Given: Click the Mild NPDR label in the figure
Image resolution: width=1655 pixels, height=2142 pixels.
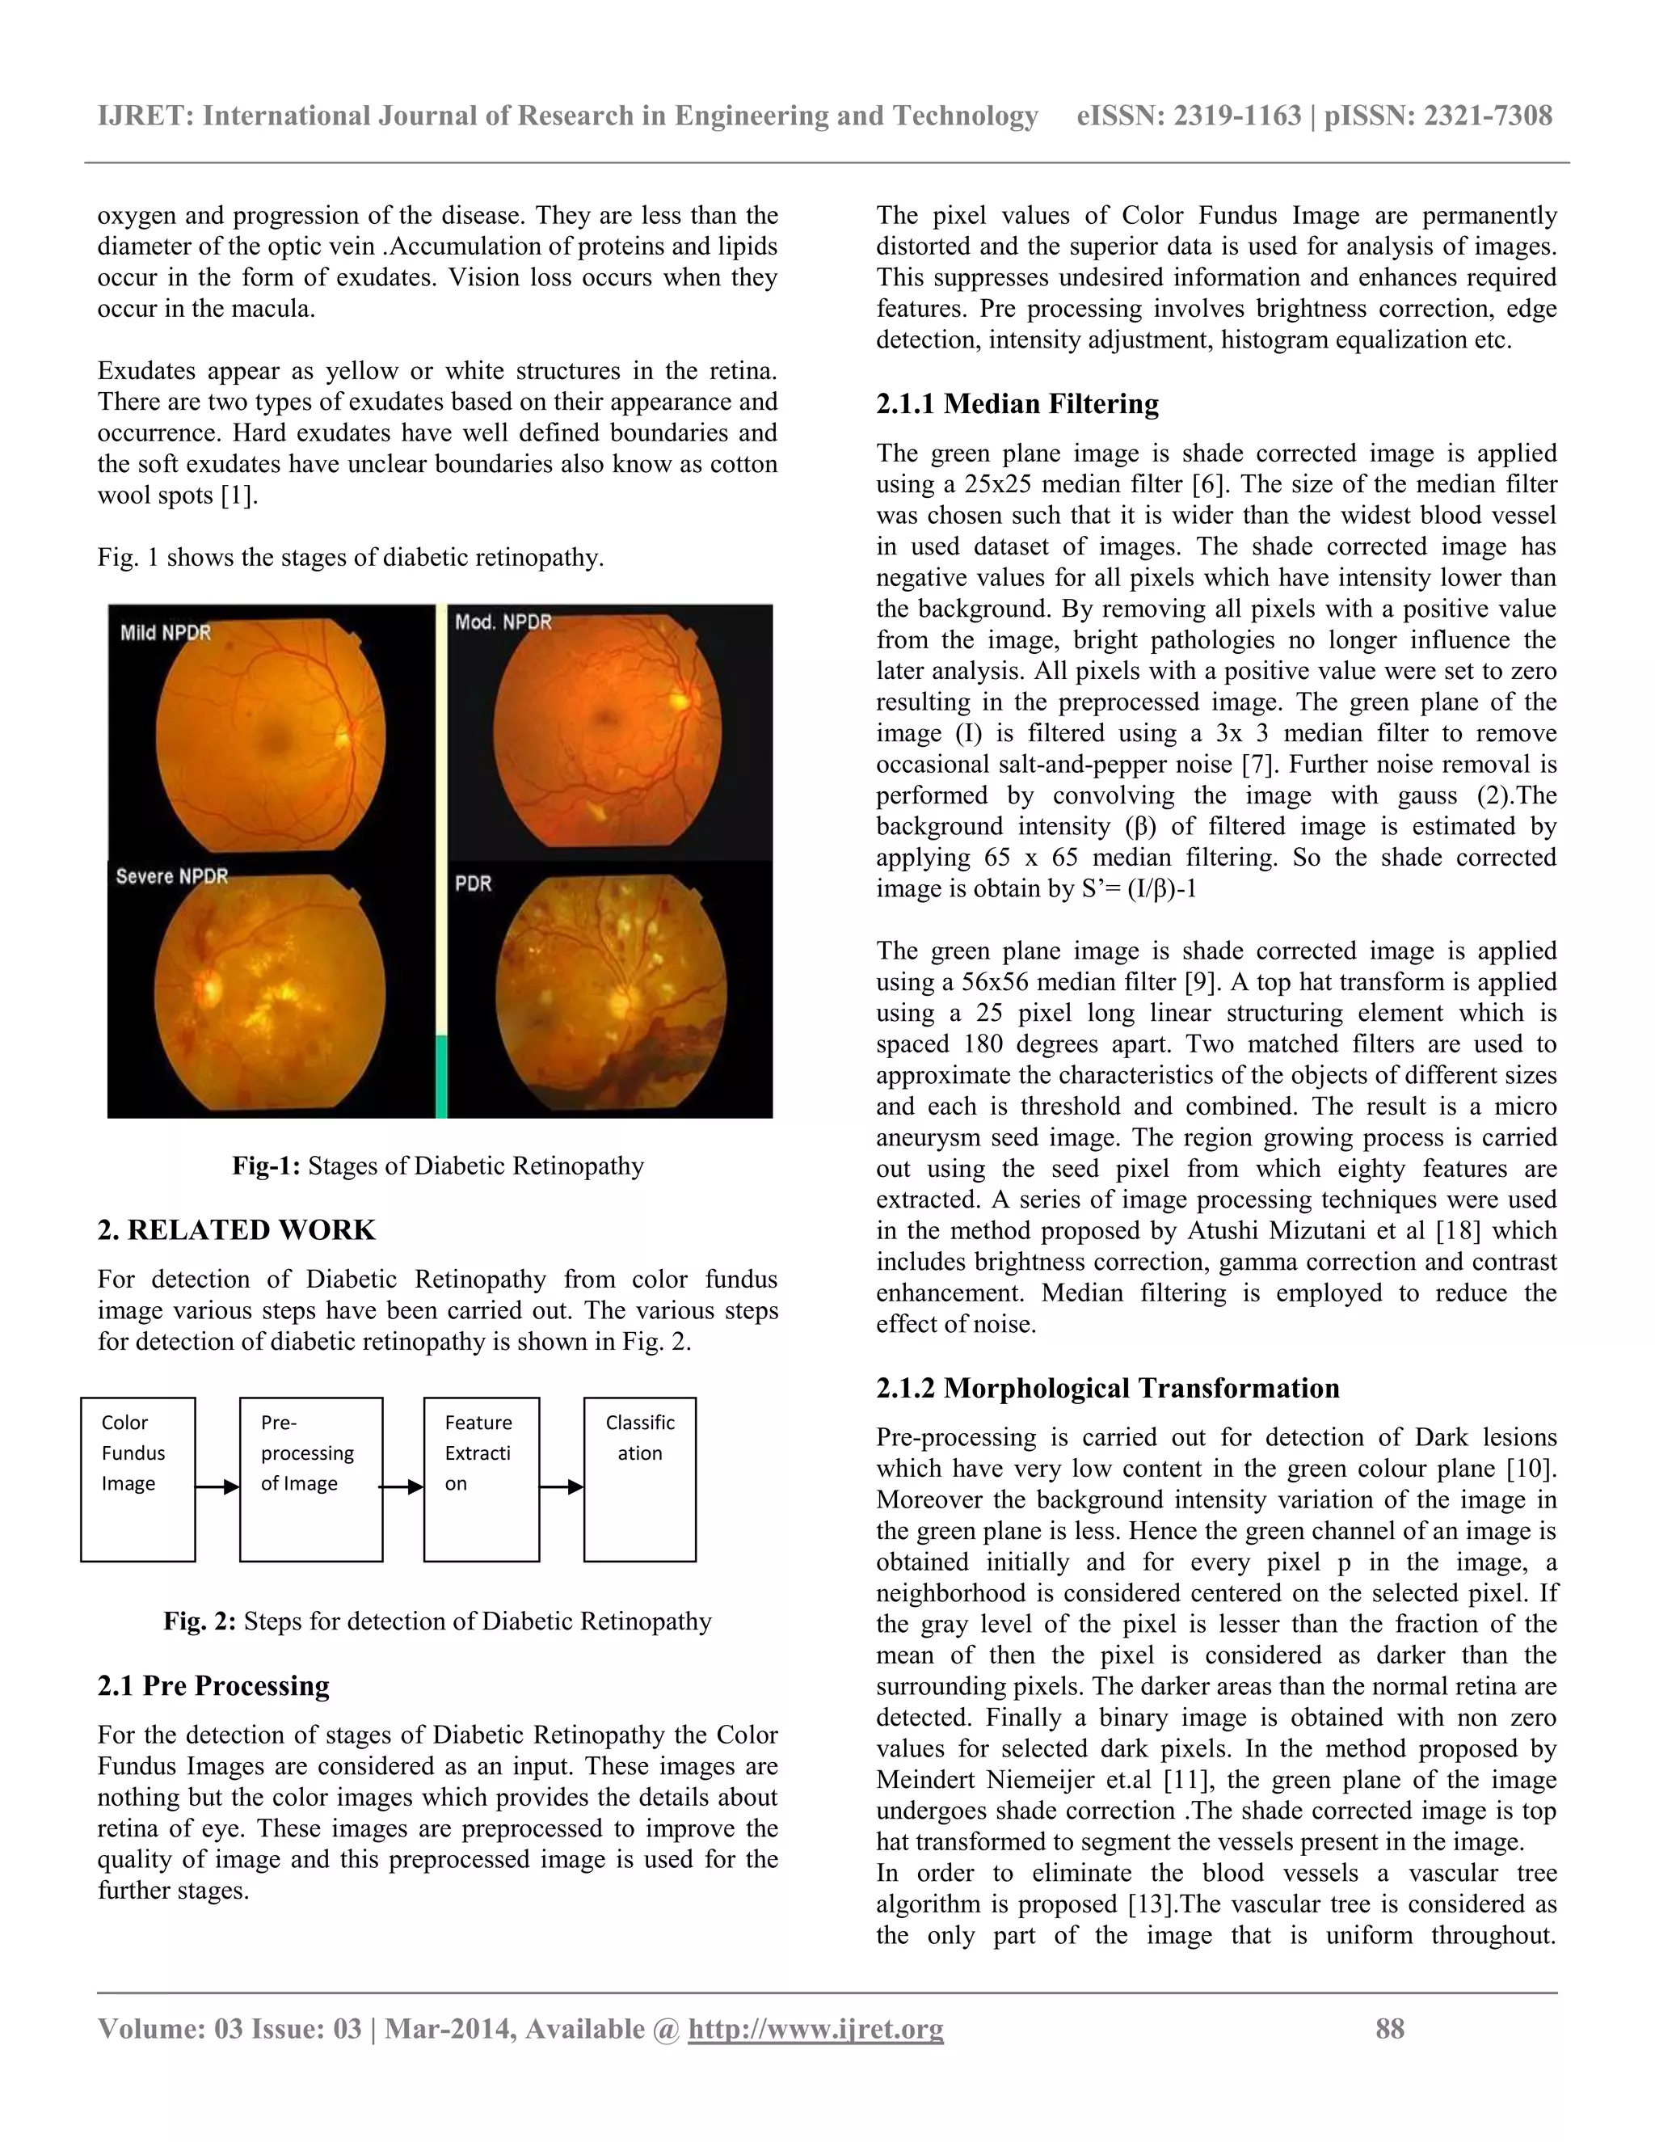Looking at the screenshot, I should pos(165,633).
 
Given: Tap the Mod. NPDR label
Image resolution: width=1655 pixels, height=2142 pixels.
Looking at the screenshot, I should pos(503,622).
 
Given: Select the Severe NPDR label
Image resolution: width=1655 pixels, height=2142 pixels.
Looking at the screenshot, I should pos(171,876).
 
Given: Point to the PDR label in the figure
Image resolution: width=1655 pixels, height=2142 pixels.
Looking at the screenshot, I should pos(473,883).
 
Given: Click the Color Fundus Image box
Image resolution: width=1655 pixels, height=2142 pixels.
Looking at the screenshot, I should pos(137,1479).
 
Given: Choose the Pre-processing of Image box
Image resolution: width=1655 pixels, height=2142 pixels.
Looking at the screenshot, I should pos(311,1479).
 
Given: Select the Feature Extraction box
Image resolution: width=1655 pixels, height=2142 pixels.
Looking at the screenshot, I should pos(482,1479).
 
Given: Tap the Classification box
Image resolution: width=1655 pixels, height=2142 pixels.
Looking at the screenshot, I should pos(640,1479).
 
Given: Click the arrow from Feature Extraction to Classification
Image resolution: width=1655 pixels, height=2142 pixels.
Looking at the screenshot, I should pos(562,1486).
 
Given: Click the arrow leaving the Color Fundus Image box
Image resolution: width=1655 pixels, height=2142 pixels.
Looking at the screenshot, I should pos(217,1486).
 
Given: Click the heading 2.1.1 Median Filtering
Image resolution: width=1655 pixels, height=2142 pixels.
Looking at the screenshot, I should pos(1017,404).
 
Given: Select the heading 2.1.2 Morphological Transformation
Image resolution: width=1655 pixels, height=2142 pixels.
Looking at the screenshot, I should pos(1107,1388).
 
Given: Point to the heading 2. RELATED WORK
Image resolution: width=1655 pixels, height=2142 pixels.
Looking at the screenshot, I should pos(236,1230).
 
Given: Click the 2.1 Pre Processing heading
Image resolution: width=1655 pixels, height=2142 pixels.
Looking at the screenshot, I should pos(213,1685).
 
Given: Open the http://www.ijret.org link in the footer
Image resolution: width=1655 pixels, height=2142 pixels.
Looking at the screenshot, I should pos(815,2028).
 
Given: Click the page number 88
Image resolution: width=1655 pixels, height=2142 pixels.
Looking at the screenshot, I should pos(1389,2028).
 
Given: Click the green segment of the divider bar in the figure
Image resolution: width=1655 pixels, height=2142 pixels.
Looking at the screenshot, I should pos(441,1076).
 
